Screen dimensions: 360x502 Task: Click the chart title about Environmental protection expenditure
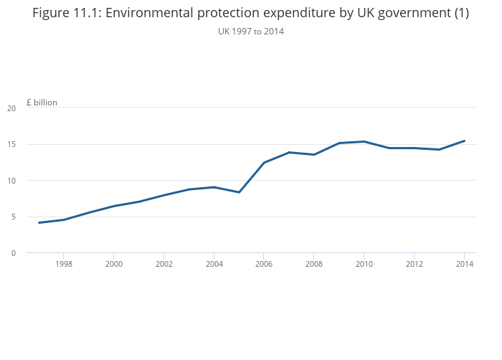[x=250, y=13]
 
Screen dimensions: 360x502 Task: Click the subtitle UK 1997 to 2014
[x=250, y=31]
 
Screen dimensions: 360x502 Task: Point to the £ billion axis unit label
[x=42, y=103]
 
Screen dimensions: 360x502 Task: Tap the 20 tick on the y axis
[x=11, y=108]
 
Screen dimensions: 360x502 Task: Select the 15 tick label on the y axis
[x=11, y=145]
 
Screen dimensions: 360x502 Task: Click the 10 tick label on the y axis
[x=11, y=181]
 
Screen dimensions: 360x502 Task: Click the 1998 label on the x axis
[x=64, y=264]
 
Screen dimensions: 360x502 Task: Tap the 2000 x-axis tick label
[x=114, y=264]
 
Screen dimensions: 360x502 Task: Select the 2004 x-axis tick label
[x=214, y=264]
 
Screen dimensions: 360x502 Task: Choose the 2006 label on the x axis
[x=264, y=264]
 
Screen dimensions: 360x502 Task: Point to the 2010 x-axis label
[x=364, y=264]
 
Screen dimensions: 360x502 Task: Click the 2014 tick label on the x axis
[x=464, y=264]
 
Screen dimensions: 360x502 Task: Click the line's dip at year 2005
[x=239, y=192]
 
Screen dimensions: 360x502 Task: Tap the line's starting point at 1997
[x=39, y=222]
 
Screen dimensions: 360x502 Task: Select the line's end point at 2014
[x=464, y=141]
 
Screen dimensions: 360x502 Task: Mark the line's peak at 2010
[x=364, y=141]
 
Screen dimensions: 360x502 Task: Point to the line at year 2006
[x=264, y=163]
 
